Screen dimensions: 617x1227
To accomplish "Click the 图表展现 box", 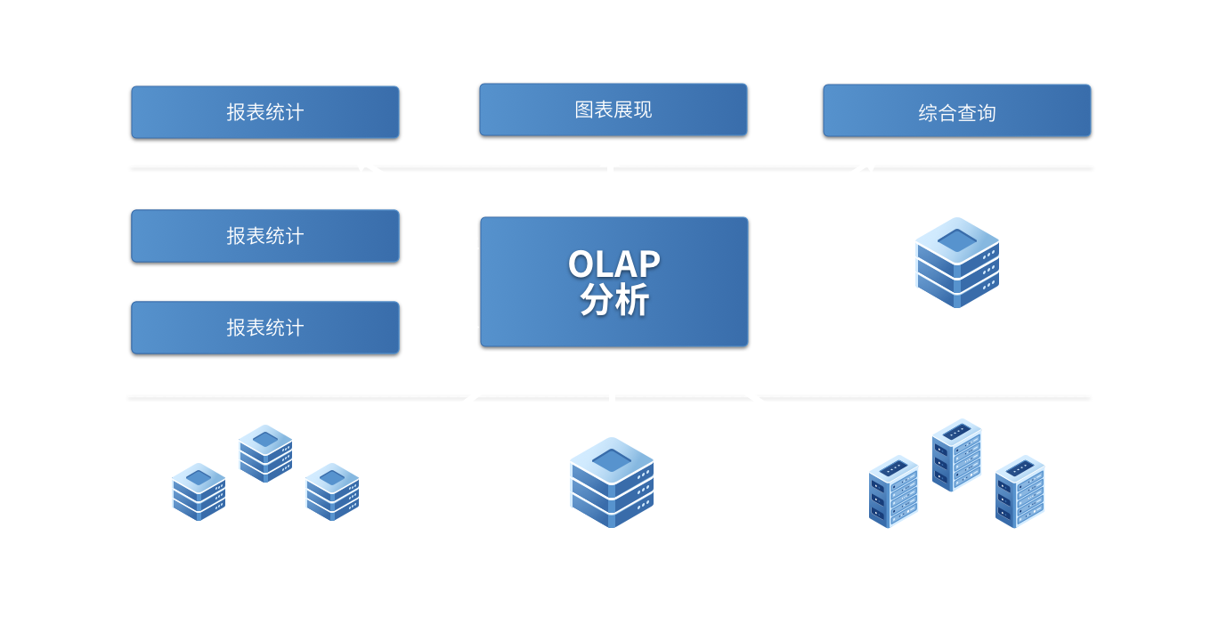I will (613, 110).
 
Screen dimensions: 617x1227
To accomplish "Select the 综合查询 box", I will (956, 111).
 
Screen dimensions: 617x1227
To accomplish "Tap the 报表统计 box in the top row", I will (264, 112).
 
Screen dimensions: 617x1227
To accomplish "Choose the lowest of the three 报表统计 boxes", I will (264, 328).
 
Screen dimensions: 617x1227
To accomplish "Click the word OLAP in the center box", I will (613, 264).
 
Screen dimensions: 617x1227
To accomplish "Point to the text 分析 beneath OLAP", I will (613, 300).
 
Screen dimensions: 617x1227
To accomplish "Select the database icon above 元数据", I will (957, 262).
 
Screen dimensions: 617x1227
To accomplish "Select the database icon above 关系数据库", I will (612, 481).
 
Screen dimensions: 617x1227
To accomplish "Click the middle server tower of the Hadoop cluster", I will (956, 454).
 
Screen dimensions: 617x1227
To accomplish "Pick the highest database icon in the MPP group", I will (265, 452).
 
